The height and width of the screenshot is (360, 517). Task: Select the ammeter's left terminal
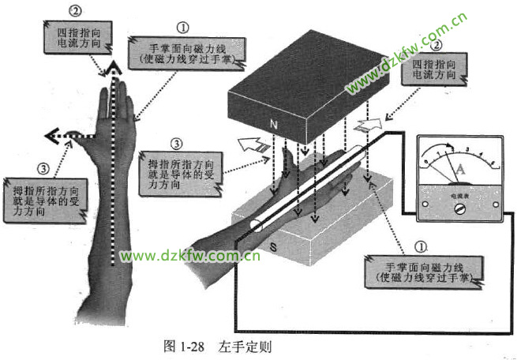click(426, 204)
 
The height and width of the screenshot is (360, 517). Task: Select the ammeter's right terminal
click(496, 204)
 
